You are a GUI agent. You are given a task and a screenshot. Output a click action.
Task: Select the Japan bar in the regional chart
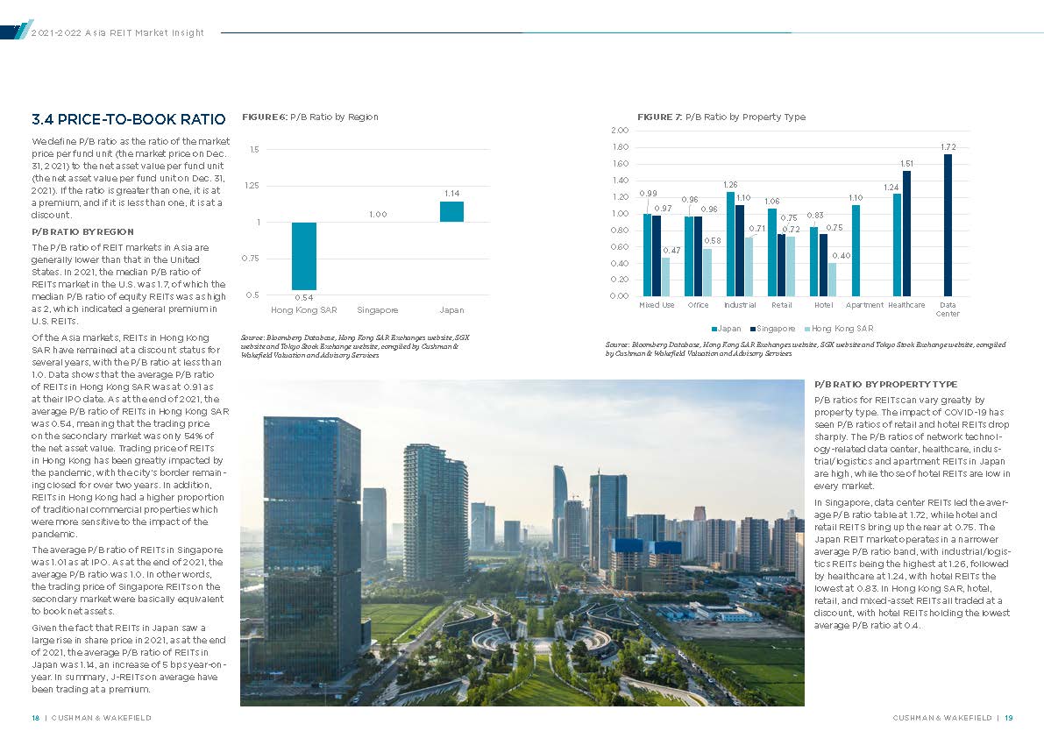pos(451,211)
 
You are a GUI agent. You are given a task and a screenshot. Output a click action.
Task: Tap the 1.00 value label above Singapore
pos(377,214)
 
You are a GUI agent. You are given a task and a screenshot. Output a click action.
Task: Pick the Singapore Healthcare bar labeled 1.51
pos(906,233)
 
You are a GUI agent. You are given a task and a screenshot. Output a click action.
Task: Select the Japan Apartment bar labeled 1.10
pos(856,250)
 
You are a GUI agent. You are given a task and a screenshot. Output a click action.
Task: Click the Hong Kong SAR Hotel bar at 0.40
pos(832,279)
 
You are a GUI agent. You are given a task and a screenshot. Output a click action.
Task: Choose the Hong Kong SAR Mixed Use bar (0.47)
pos(665,276)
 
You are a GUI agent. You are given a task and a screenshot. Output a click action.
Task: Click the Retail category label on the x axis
pos(781,305)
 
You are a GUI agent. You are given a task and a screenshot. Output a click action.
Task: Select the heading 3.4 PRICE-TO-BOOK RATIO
pos(128,118)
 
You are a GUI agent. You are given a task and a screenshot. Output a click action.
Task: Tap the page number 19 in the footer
pos(1009,718)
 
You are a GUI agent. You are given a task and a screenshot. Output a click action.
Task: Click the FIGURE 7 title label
pos(659,117)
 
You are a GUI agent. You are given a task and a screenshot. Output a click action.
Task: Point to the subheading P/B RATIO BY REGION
pos(82,231)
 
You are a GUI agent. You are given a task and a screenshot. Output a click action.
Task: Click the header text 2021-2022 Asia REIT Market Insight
pos(117,32)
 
